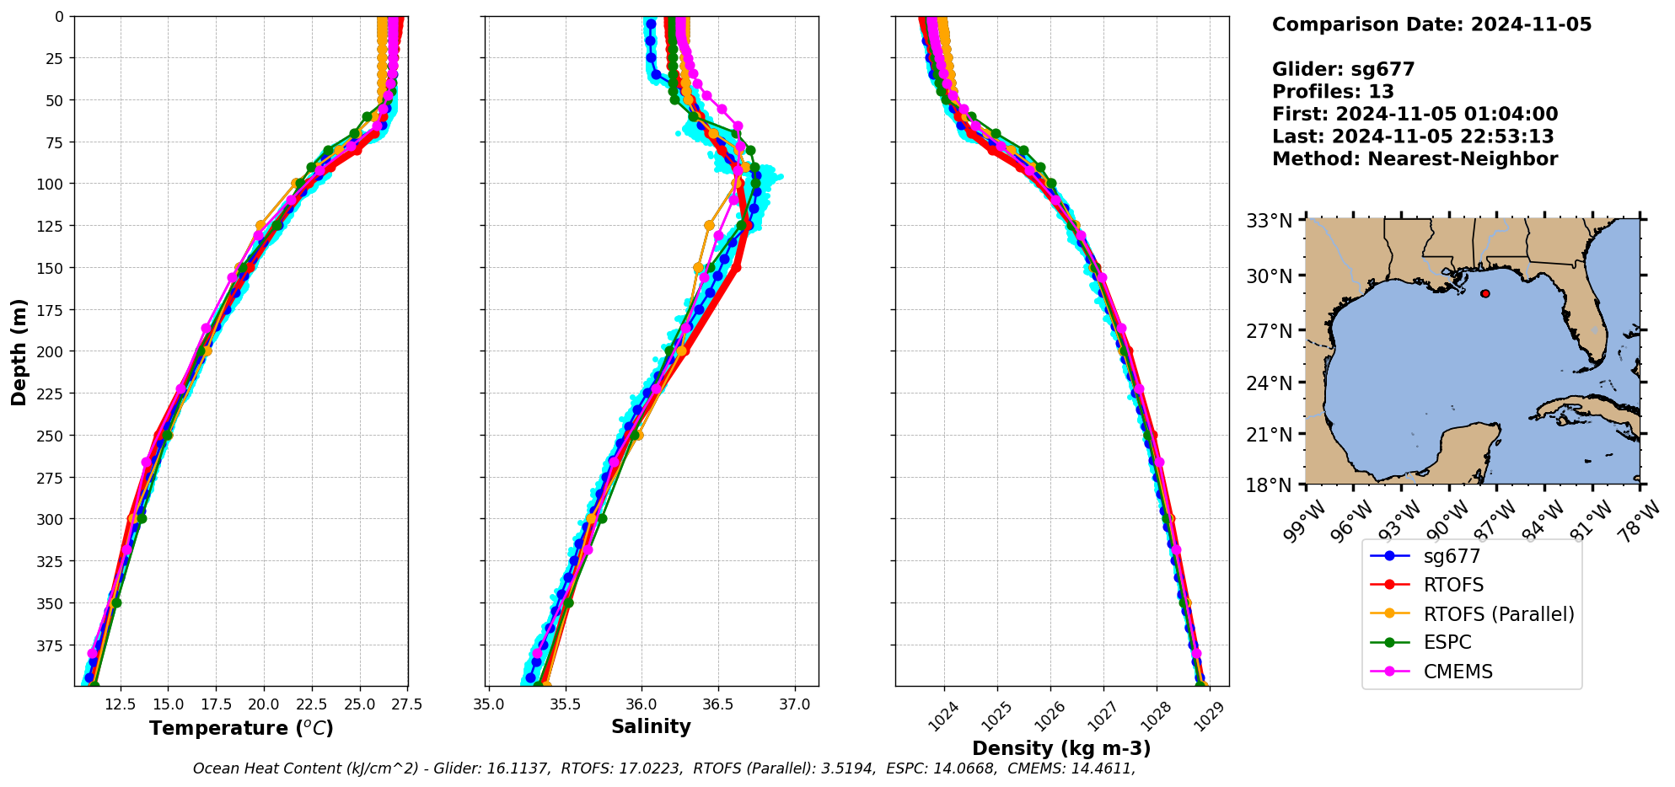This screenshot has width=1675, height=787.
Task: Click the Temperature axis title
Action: [241, 728]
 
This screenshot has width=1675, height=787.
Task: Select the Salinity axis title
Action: [651, 726]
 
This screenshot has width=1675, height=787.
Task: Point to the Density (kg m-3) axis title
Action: [1061, 748]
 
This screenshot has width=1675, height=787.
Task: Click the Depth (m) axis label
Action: [19, 351]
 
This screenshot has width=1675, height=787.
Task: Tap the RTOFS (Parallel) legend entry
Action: [1498, 614]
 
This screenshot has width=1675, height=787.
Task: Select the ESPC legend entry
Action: [1447, 642]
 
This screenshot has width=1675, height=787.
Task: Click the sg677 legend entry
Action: [1452, 556]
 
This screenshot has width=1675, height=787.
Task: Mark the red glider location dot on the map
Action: [1484, 294]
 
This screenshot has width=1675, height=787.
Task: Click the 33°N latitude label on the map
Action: [1270, 222]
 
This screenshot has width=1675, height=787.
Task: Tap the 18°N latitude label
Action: [1270, 485]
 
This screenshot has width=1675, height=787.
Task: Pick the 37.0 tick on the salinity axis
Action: [795, 704]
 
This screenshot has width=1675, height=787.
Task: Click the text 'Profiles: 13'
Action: [1333, 92]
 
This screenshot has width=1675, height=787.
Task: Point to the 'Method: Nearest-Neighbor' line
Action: [1415, 159]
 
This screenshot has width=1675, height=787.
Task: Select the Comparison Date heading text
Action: [1431, 24]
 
